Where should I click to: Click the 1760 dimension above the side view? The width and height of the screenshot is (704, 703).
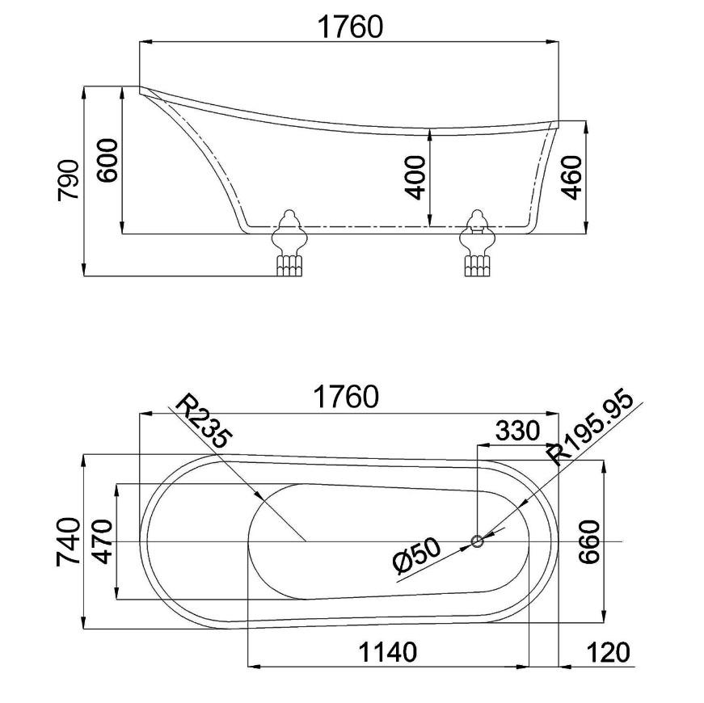coord(350,27)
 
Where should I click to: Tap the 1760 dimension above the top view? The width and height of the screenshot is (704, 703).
coord(346,397)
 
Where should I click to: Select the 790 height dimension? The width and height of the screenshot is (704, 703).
coord(69,179)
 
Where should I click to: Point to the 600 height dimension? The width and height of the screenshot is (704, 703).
coord(107,160)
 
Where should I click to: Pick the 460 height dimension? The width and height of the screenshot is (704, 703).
coord(571,177)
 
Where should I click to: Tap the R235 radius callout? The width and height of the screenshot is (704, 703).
coord(204,421)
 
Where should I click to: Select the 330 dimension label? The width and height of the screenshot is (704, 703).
coord(517,431)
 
